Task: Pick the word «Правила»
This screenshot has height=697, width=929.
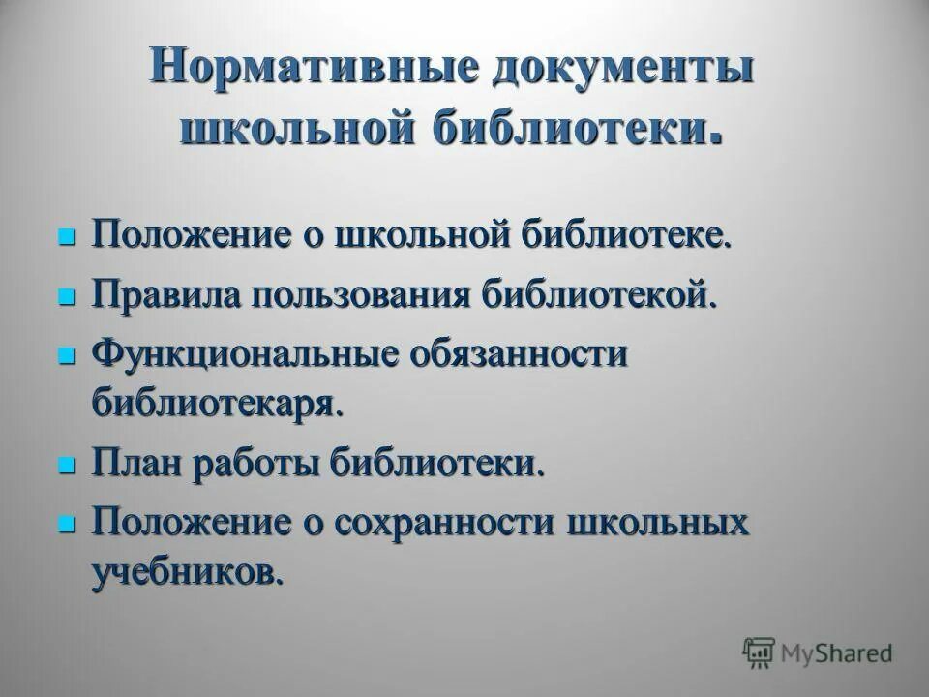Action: pyautogui.click(x=165, y=294)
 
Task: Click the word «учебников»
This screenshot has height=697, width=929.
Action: pyautogui.click(x=189, y=571)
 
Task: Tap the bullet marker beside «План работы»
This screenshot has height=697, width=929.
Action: pyautogui.click(x=67, y=465)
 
